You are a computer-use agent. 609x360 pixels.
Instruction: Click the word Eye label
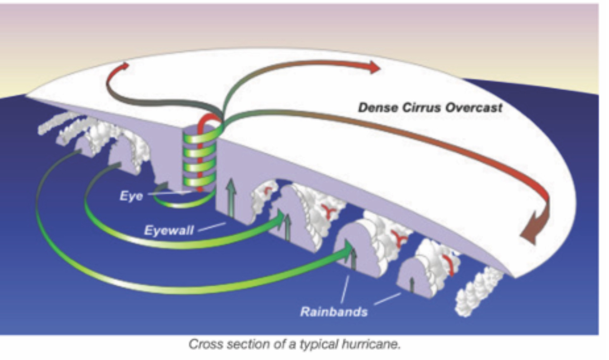pos(131,196)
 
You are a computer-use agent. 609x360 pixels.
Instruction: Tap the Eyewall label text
pos(169,230)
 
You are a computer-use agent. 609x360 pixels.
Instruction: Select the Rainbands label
pos(334,312)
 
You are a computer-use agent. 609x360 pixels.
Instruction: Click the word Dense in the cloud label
pos(377,108)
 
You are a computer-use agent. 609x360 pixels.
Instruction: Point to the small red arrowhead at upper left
pos(125,66)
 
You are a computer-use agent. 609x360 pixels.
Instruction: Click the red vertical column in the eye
pos(200,158)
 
